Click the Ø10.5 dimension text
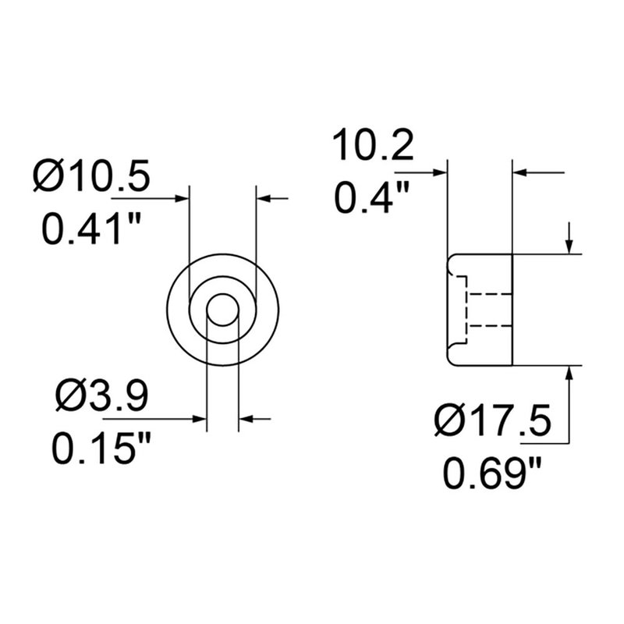pos(91,177)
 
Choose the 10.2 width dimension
pos(372,147)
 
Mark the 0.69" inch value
pos(493,473)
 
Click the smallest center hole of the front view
pos(222,310)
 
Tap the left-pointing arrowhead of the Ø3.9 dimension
pos(246,420)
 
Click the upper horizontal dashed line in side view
pos(487,294)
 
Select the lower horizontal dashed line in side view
pos(487,324)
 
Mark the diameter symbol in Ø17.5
pos(452,424)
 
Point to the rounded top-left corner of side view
pos(451,259)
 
